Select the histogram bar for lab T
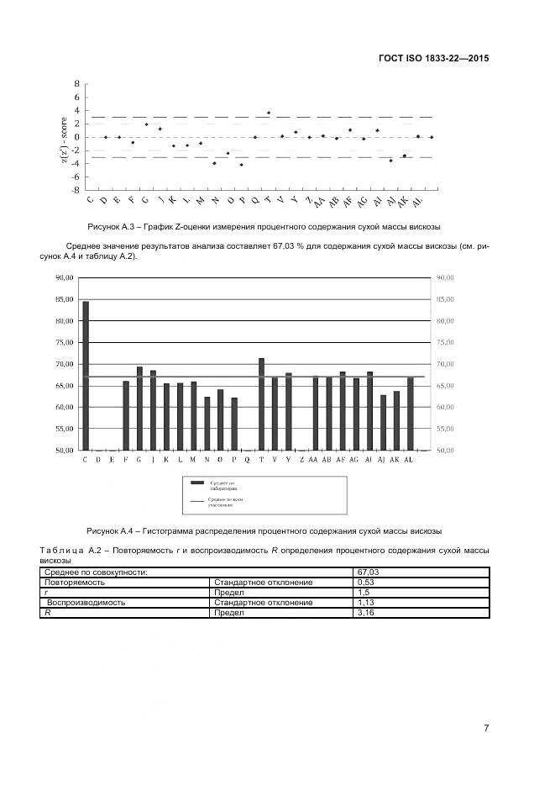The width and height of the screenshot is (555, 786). [x=261, y=404]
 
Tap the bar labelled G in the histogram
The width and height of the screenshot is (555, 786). [x=139, y=409]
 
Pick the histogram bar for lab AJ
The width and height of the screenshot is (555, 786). [x=383, y=423]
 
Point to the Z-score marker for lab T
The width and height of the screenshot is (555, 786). [x=269, y=113]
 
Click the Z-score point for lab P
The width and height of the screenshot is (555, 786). [x=242, y=165]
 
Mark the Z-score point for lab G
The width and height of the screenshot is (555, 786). [x=146, y=124]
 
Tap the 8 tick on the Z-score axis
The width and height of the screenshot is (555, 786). [x=76, y=84]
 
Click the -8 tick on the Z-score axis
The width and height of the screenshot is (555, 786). [x=75, y=190]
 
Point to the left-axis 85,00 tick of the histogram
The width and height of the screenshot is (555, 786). [x=65, y=299]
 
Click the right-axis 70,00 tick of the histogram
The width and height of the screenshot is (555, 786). [x=445, y=364]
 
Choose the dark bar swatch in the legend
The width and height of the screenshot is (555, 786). [x=197, y=483]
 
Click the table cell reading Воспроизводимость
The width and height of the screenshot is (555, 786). [x=86, y=603]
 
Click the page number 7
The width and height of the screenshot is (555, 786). [x=486, y=728]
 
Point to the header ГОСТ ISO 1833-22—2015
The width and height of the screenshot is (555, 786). [x=433, y=59]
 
